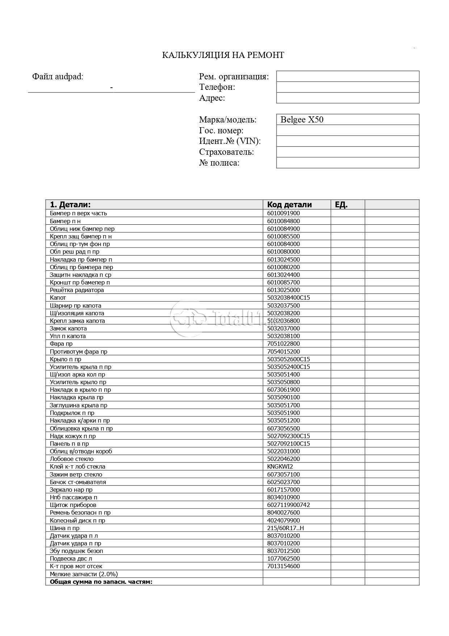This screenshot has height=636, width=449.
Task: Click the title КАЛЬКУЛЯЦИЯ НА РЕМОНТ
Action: (x=223, y=55)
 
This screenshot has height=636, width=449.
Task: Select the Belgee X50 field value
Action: (x=302, y=120)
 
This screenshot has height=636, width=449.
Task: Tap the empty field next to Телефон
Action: (x=348, y=87)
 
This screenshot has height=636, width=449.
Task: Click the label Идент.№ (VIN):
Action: (x=230, y=141)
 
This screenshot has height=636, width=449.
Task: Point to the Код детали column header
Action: (x=289, y=204)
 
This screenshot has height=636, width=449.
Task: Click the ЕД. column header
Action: (x=341, y=204)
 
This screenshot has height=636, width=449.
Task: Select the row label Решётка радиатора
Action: (x=77, y=290)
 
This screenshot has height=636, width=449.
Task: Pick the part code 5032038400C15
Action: (x=289, y=298)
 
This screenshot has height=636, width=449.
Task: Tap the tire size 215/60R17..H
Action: (x=285, y=528)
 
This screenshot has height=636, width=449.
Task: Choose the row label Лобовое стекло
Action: (x=72, y=459)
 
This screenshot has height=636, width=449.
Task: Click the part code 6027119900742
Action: (x=289, y=505)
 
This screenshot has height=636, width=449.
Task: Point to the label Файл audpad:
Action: (x=58, y=76)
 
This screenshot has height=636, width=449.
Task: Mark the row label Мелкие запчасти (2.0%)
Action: (x=84, y=574)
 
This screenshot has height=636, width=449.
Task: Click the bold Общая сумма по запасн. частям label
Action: (x=101, y=582)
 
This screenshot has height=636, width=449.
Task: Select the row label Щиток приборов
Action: (x=73, y=505)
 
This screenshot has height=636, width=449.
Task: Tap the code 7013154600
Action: (x=284, y=566)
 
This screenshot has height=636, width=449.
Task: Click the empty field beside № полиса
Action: (x=348, y=163)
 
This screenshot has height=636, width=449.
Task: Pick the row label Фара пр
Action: (x=61, y=344)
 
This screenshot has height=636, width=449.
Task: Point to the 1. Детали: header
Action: (x=70, y=204)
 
